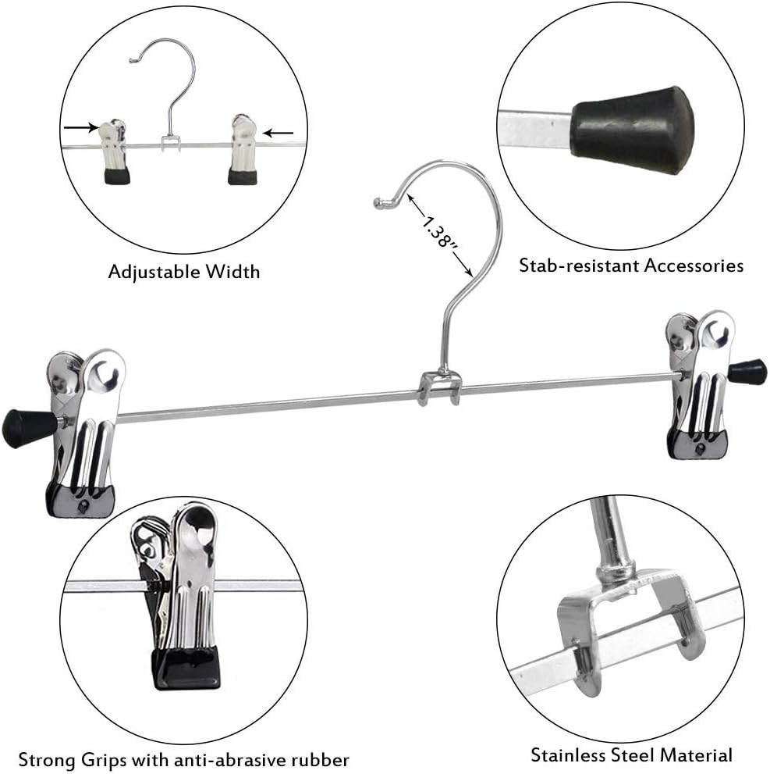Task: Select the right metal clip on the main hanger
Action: (x=701, y=383)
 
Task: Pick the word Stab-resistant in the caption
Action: (x=579, y=266)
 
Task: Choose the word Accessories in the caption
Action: (x=694, y=266)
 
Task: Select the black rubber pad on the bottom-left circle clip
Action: (x=187, y=668)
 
